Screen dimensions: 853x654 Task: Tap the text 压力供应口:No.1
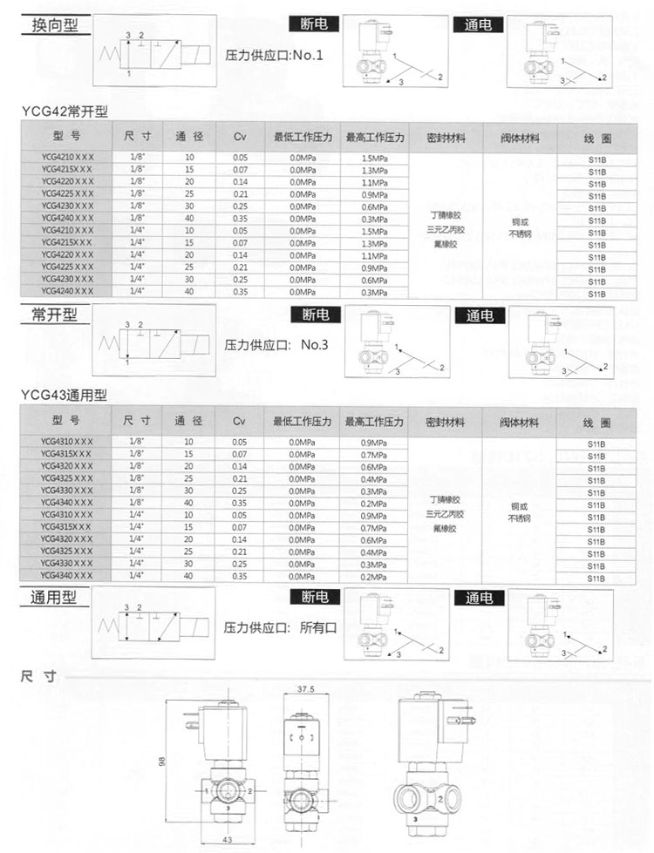click(275, 57)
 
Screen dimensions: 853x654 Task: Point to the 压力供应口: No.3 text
click(277, 344)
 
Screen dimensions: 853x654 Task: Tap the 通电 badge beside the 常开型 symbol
click(480, 315)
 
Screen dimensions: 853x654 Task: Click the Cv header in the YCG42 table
click(240, 138)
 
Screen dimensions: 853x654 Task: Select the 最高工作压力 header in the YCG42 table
click(375, 138)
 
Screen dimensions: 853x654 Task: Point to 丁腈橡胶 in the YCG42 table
click(444, 213)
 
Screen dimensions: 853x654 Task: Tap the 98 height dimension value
click(161, 761)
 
